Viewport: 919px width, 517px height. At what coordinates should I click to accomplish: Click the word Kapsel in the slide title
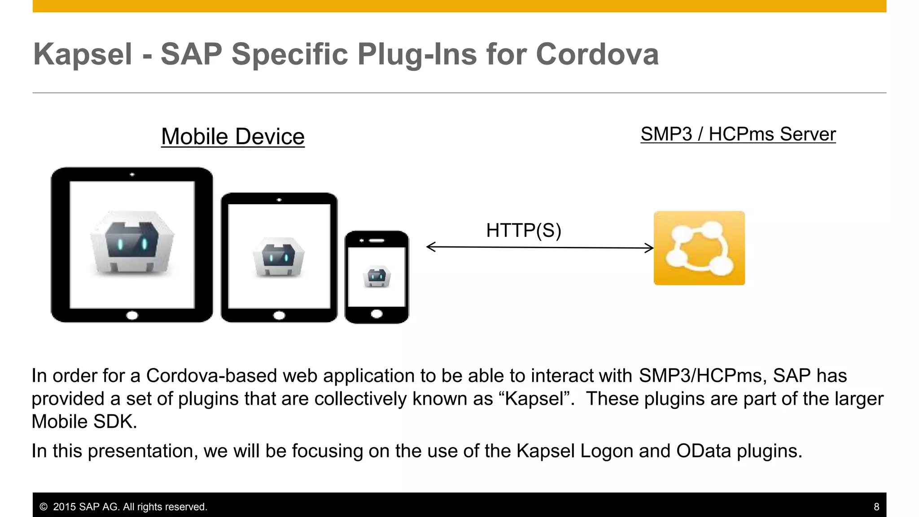(x=83, y=54)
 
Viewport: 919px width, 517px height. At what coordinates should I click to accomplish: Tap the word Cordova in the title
(x=597, y=54)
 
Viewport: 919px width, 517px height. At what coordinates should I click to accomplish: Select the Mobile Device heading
(x=233, y=136)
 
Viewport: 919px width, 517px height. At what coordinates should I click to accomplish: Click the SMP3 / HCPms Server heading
(x=738, y=134)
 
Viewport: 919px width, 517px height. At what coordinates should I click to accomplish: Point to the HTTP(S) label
(x=524, y=230)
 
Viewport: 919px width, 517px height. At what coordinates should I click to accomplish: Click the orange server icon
(x=699, y=248)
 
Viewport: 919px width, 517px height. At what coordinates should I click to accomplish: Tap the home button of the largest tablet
(x=132, y=315)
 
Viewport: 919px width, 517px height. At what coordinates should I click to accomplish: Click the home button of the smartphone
(x=376, y=314)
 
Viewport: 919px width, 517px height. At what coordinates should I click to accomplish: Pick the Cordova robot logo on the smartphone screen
(x=376, y=276)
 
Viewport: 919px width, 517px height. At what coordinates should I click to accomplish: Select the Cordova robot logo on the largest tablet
(x=132, y=242)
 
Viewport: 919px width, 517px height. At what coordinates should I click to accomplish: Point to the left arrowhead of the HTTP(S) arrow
(x=430, y=247)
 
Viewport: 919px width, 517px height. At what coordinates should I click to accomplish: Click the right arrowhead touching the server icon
(x=650, y=248)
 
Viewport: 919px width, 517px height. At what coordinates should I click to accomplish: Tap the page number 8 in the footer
(x=876, y=507)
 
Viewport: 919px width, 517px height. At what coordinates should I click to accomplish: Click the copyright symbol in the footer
(x=44, y=507)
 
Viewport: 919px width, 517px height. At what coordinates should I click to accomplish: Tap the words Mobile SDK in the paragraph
(x=83, y=421)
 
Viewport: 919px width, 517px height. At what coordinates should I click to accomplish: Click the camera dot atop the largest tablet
(x=132, y=175)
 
